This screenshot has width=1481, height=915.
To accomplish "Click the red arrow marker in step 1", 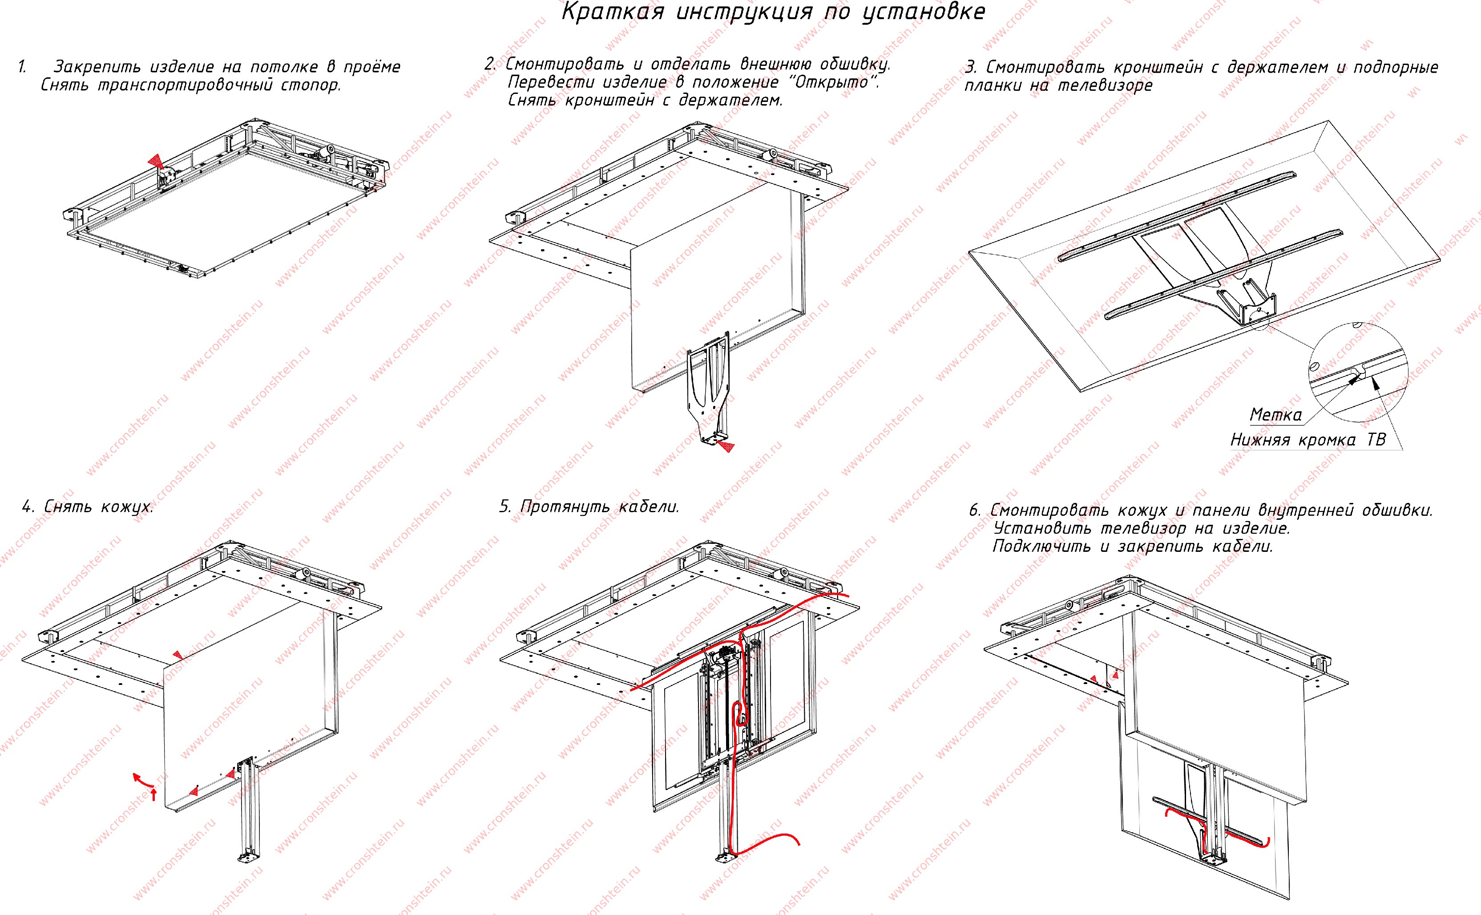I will click(157, 161).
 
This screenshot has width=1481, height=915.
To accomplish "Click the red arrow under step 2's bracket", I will click(726, 447).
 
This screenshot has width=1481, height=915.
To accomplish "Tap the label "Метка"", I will click(1275, 415).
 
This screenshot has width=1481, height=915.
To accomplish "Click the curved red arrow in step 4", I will click(144, 781).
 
